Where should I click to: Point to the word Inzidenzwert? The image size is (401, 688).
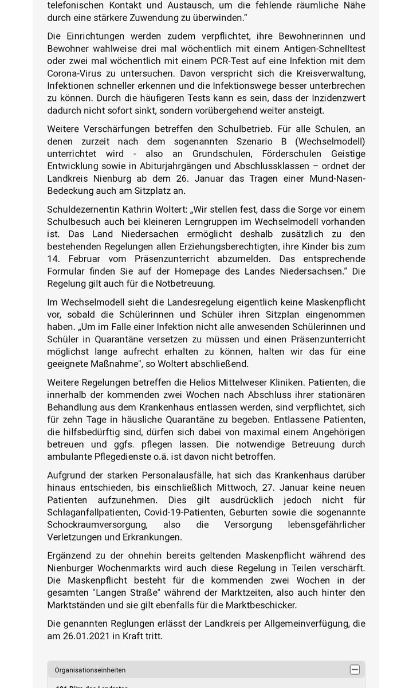(x=332, y=98)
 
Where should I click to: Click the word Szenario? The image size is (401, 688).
(x=261, y=141)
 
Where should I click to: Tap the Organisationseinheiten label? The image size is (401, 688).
(x=90, y=670)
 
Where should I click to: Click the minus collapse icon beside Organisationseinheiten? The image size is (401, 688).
(x=355, y=670)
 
